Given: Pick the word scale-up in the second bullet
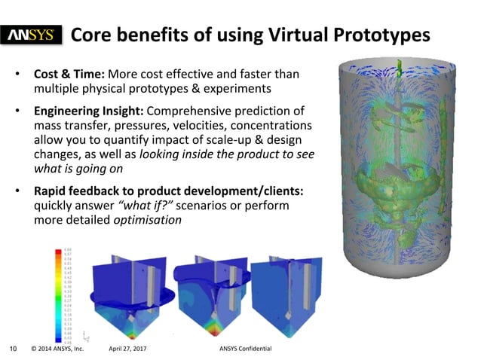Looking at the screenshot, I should [237, 139].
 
